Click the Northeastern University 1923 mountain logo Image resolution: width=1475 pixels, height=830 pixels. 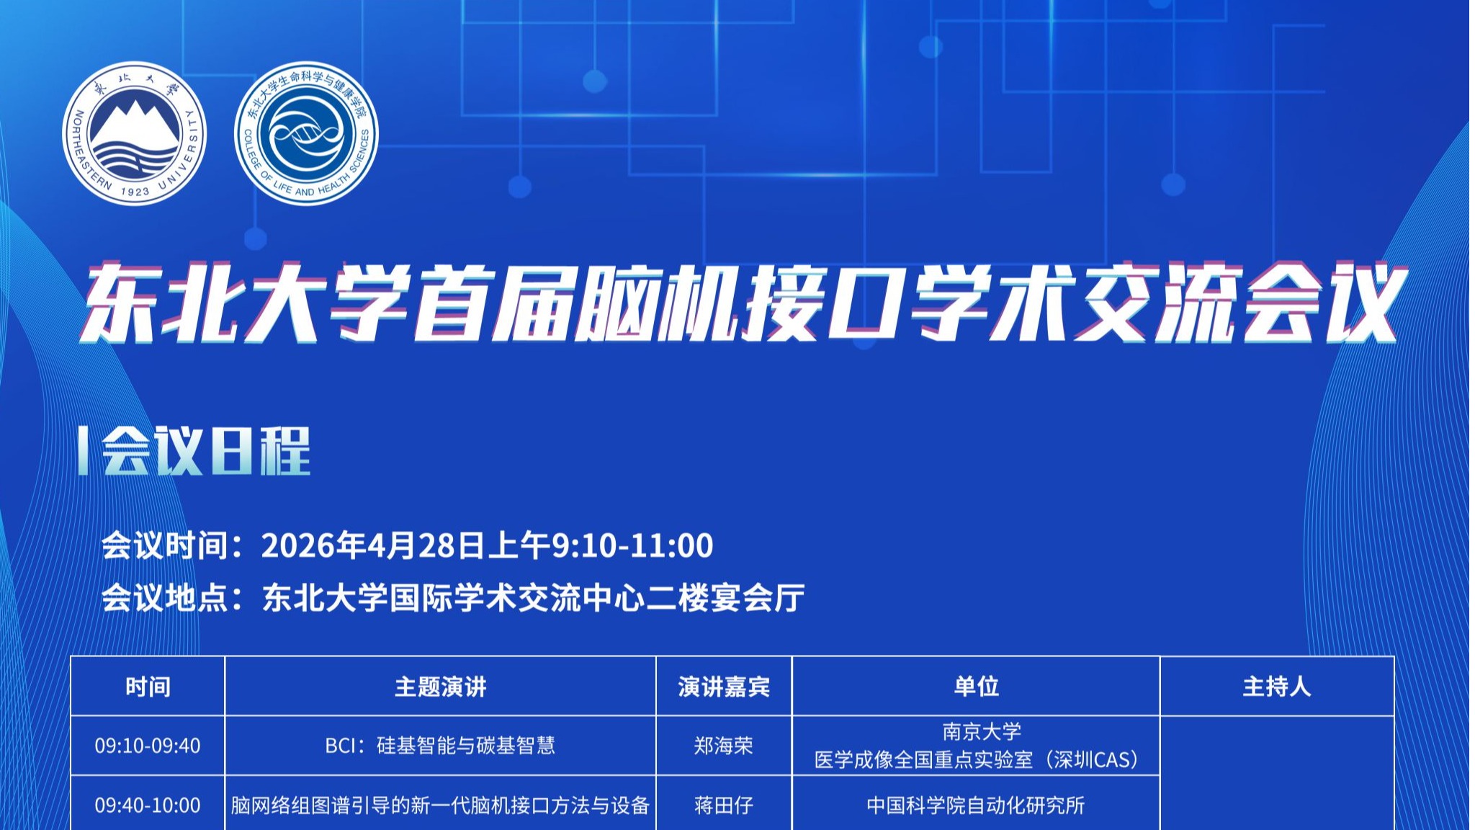(x=134, y=133)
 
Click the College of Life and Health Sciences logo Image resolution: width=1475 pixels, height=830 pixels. (x=306, y=133)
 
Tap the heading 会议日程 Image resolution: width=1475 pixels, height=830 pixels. (x=206, y=451)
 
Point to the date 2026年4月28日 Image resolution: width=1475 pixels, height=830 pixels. (x=374, y=545)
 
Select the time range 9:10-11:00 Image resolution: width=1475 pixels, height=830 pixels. (x=632, y=545)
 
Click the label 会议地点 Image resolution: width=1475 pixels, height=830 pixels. (x=165, y=598)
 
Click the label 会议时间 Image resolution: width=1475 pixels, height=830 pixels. (x=165, y=545)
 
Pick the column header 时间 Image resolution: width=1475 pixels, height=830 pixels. (x=148, y=687)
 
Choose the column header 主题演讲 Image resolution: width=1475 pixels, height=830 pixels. (x=440, y=687)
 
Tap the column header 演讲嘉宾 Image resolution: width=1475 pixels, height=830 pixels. (x=724, y=687)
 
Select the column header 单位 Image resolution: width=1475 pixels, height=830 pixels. (x=976, y=687)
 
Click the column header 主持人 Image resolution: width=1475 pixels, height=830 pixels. (x=1277, y=687)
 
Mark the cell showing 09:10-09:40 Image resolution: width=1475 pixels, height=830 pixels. (x=148, y=746)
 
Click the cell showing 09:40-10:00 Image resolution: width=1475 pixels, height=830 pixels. (x=148, y=806)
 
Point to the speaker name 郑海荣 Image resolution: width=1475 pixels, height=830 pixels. (x=724, y=746)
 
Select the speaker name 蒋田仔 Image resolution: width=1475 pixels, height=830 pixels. (x=724, y=806)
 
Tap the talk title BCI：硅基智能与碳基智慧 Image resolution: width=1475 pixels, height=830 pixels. (x=440, y=746)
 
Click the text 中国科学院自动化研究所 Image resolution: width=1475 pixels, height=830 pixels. (x=976, y=806)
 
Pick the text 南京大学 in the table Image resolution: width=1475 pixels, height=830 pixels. (x=982, y=732)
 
